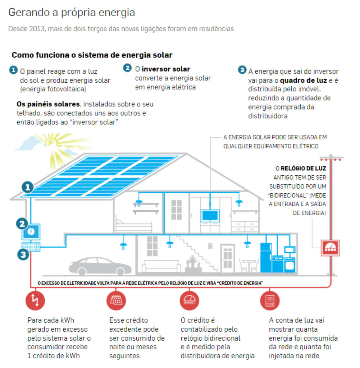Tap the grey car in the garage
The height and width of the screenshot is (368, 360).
[x=100, y=266]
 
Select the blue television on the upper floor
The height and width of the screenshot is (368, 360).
[x=210, y=216]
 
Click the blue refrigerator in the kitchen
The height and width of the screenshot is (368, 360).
[x=266, y=257]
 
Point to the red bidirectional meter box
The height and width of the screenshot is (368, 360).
[x=330, y=248]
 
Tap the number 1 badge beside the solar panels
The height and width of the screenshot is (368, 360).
[x=27, y=187]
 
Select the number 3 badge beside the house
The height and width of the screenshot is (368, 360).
[x=23, y=255]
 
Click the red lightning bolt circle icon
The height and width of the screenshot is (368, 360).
[x=35, y=300]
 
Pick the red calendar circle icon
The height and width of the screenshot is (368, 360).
[x=116, y=300]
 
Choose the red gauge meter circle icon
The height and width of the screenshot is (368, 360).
[x=189, y=300]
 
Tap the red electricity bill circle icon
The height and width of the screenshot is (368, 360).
[x=270, y=300]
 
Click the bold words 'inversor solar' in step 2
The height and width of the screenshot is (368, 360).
[x=166, y=69]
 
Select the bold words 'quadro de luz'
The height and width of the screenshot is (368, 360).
[x=304, y=80]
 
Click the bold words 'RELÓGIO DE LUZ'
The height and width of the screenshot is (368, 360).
[x=304, y=168]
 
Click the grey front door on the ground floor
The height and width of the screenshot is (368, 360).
[x=228, y=258]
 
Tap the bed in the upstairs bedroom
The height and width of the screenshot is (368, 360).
[x=134, y=225]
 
